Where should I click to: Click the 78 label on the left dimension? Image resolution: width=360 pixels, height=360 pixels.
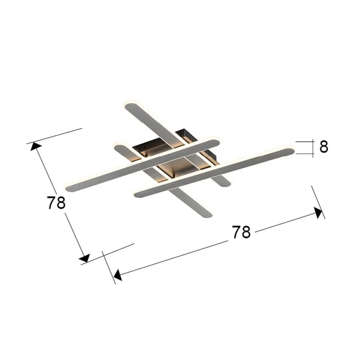coord(56,202)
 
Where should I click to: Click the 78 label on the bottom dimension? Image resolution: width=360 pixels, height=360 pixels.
coord(241,232)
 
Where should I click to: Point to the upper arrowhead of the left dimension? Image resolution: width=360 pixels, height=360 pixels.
coord(36,146)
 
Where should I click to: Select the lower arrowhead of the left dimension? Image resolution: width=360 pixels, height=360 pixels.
coord(85,258)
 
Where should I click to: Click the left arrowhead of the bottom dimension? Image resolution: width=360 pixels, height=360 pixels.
coord(117,275)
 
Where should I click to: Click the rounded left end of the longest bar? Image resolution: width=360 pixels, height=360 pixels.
coord(69,189)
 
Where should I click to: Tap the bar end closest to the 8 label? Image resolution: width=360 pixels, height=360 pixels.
coord(290,152)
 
